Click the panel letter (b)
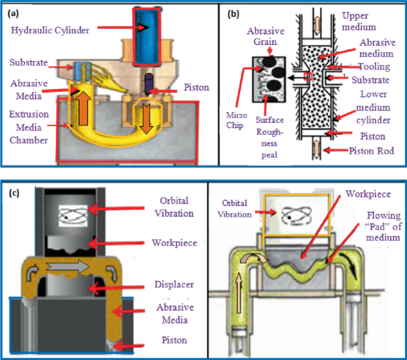click(x=232, y=12)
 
